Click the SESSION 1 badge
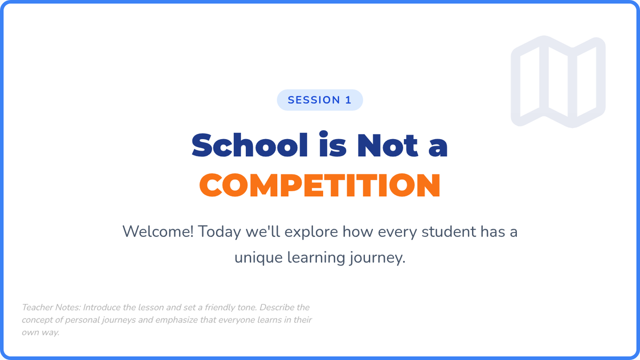[319, 100]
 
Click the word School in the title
[250, 145]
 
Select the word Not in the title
[388, 146]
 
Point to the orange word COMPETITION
[319, 186]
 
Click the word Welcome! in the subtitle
[158, 231]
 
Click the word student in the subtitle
[449, 231]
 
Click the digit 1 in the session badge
[348, 100]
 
